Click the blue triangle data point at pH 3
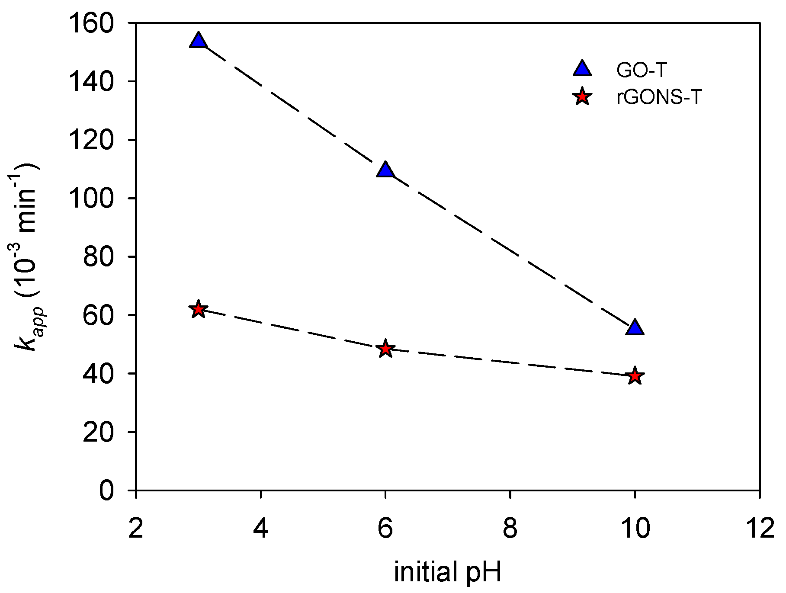[x=198, y=41]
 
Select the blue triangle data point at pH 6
[x=385, y=170]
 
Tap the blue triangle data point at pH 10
[x=635, y=328]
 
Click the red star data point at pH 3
[x=198, y=309]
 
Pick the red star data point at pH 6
[x=385, y=349]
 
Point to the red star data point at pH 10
[x=635, y=375]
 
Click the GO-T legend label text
[x=642, y=70]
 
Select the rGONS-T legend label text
[x=658, y=97]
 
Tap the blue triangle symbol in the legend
[x=582, y=69]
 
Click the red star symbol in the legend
[x=582, y=97]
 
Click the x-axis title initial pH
[x=448, y=572]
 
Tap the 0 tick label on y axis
[x=106, y=491]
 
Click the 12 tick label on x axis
[x=759, y=528]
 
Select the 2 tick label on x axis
[x=136, y=528]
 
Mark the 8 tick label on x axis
[x=510, y=528]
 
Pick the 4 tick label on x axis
[x=260, y=528]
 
